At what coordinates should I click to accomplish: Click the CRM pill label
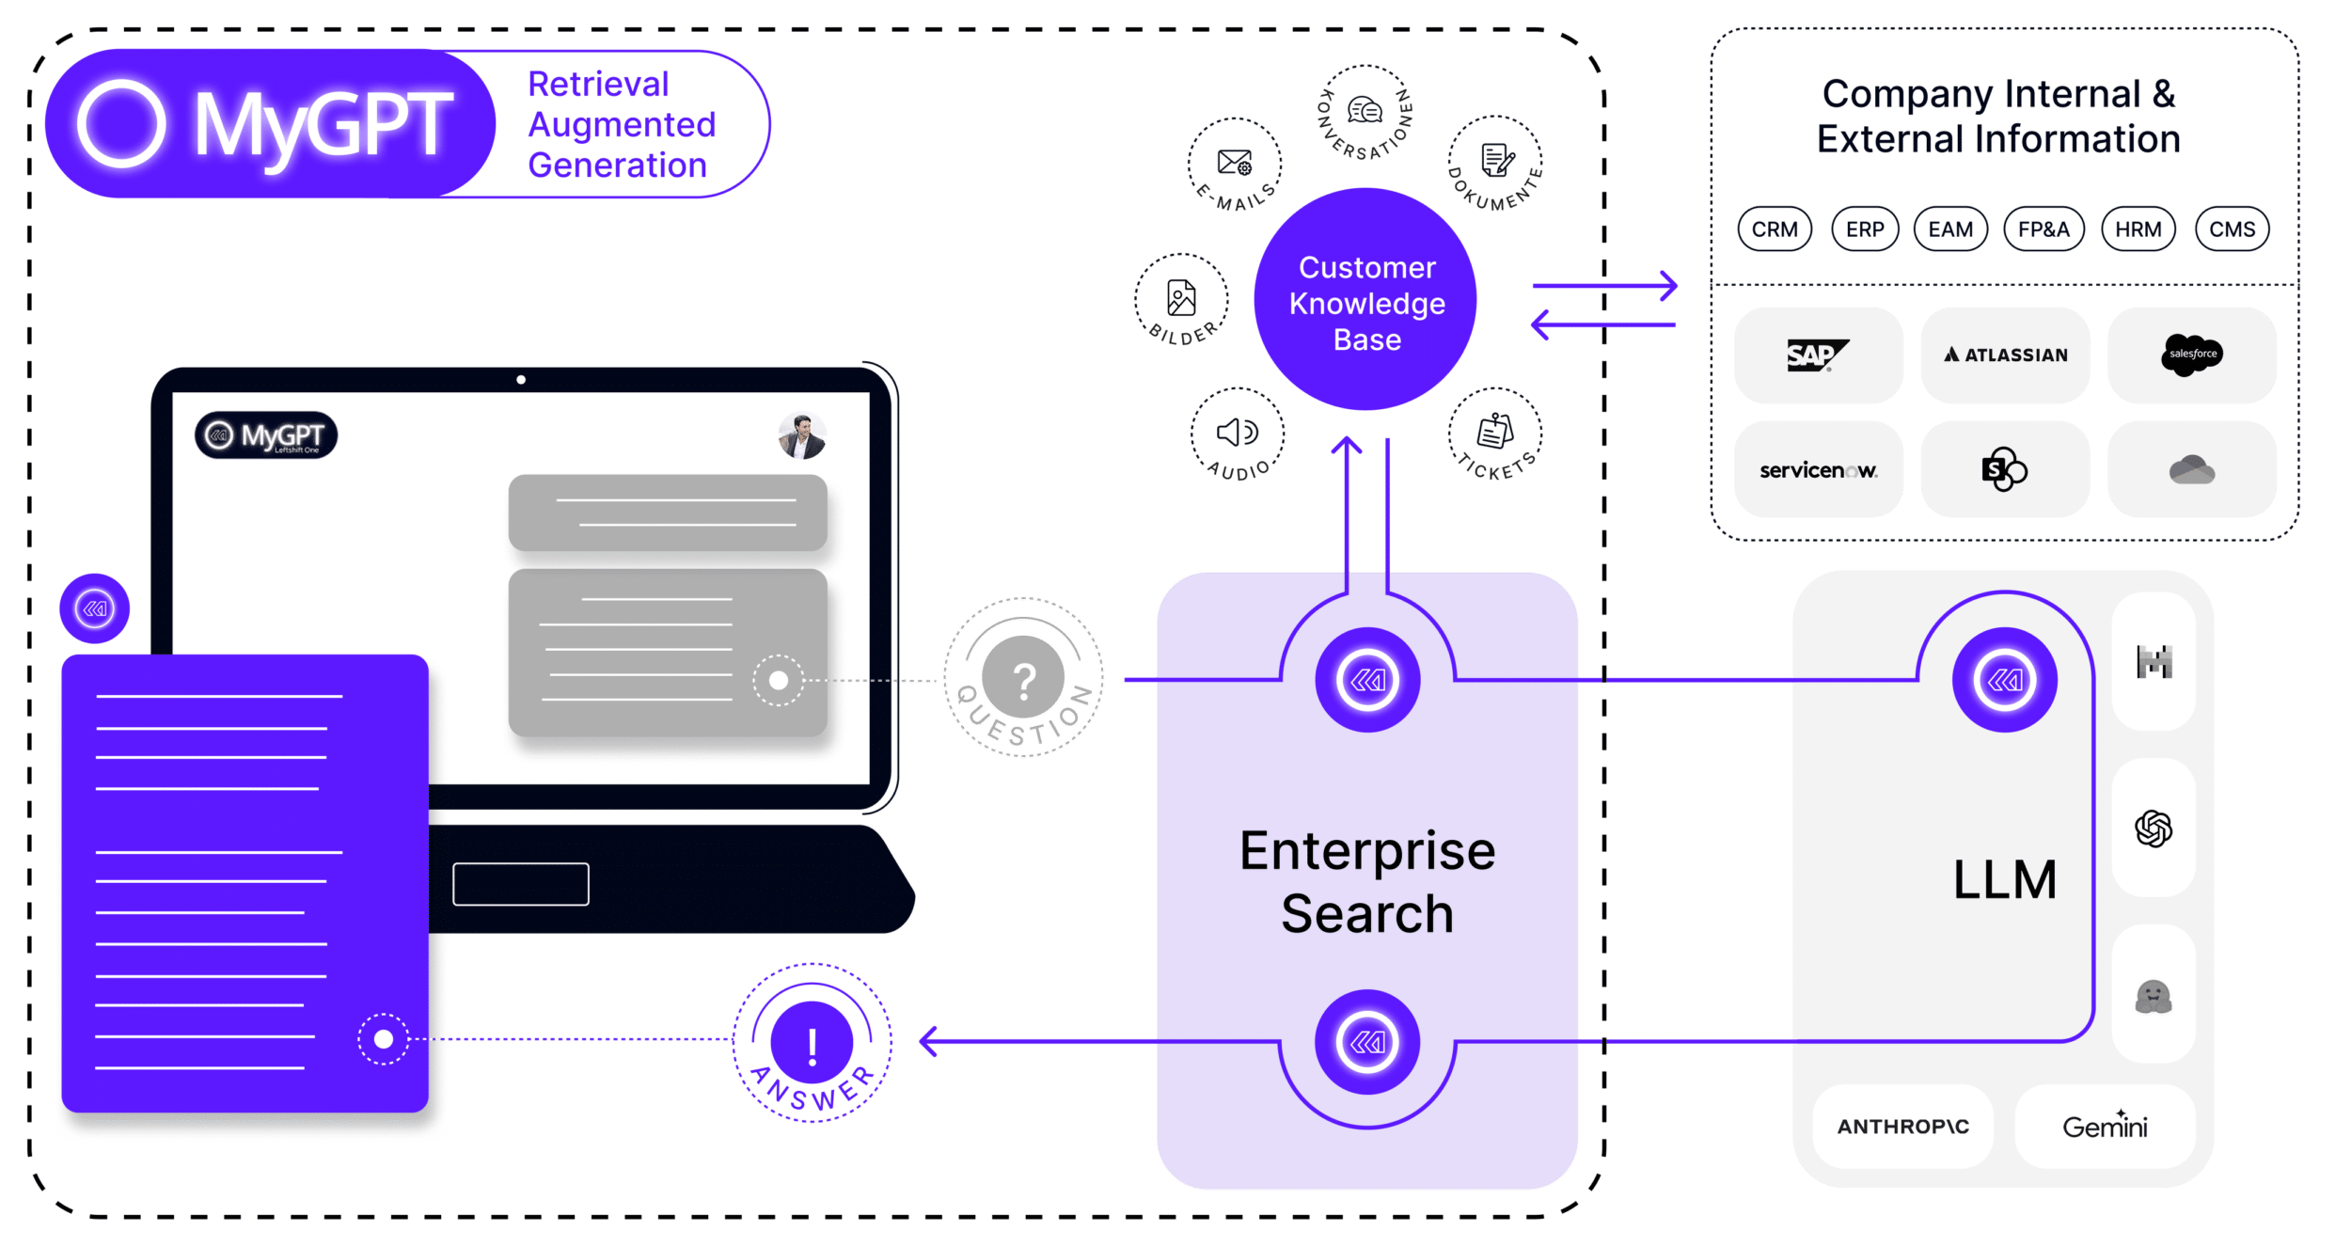click(x=1775, y=229)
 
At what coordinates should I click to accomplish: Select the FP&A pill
click(x=2043, y=229)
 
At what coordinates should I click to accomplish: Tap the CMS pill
click(x=2232, y=229)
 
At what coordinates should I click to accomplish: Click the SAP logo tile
click(x=1818, y=355)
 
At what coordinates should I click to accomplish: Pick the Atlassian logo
click(x=2006, y=355)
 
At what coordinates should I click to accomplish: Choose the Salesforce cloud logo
click(x=2192, y=355)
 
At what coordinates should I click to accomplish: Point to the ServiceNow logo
click(x=1818, y=470)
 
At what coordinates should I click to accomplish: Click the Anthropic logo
click(x=1902, y=1127)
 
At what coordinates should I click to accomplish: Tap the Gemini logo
click(x=2105, y=1126)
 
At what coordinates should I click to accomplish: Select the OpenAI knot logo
click(x=2154, y=829)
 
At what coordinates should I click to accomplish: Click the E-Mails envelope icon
click(x=1235, y=163)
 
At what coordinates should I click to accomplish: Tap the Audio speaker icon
click(x=1238, y=432)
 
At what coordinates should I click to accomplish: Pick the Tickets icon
click(x=1495, y=431)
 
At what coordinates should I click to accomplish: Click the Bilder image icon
click(x=1181, y=298)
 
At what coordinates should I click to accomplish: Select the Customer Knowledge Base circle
click(x=1365, y=299)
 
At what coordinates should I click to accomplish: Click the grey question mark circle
click(x=1023, y=677)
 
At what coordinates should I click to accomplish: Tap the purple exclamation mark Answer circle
click(x=812, y=1042)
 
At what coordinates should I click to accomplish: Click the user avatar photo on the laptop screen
click(x=802, y=436)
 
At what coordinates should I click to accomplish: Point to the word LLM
click(x=2005, y=879)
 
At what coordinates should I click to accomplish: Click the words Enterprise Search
click(x=1367, y=882)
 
